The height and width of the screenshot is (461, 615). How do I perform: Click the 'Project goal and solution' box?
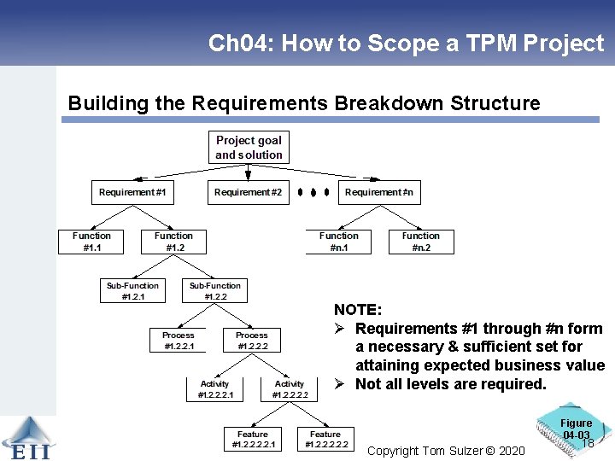coord(249,148)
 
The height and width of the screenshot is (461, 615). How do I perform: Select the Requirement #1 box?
coord(132,192)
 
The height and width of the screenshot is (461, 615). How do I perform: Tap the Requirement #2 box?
coord(248,192)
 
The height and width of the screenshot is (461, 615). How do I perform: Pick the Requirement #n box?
coord(378,192)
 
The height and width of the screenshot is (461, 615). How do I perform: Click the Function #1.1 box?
coord(91,242)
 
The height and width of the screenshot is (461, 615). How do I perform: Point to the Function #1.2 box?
coord(173,242)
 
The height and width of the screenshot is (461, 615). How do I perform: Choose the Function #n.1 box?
coord(339,242)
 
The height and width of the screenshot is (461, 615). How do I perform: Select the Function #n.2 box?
coord(420,242)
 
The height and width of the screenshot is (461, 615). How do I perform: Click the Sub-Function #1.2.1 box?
coord(132,291)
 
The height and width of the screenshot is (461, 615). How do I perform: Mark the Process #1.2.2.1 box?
coord(178,341)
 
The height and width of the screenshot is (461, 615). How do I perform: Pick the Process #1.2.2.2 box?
coord(251,341)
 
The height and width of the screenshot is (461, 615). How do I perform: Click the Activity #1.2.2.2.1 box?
coord(214,390)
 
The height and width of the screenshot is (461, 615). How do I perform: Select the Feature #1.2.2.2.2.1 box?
coord(252,440)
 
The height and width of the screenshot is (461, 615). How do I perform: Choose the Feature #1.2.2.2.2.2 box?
coord(325,440)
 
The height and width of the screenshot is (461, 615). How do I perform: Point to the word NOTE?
coord(358,310)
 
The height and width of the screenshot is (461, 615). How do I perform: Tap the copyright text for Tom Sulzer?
coord(446,450)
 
